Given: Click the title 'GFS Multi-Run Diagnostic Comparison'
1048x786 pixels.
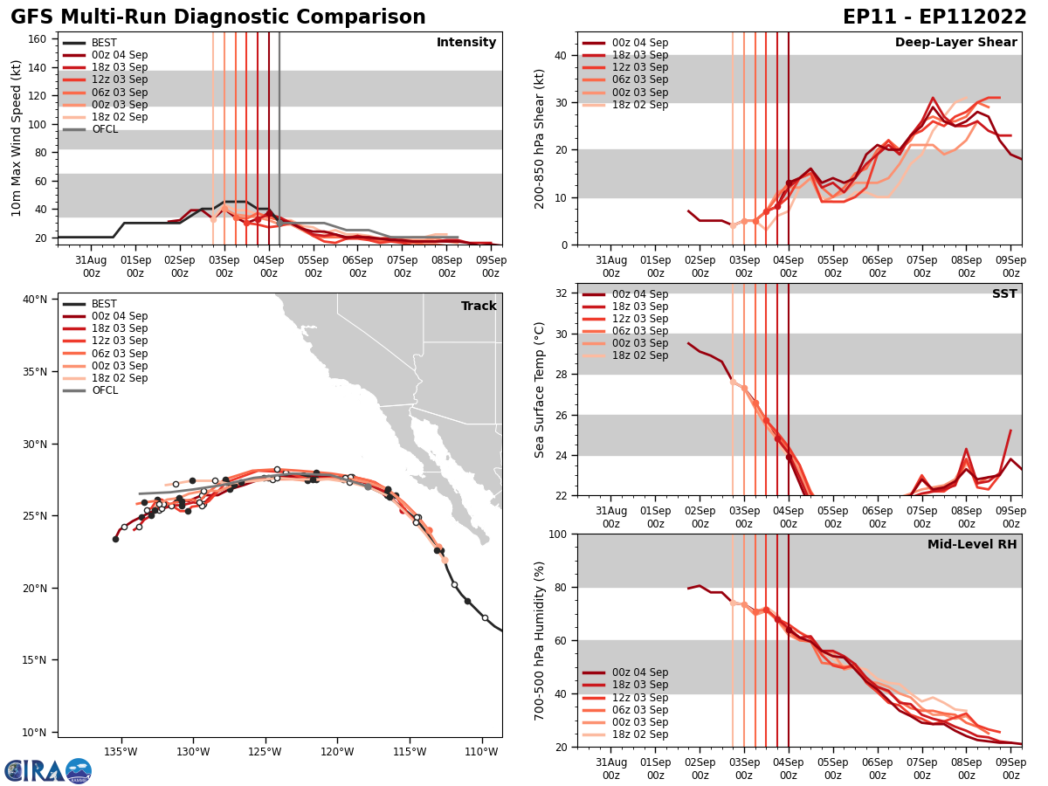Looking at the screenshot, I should point(218,17).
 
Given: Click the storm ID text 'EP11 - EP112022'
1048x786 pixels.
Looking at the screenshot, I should point(934,17).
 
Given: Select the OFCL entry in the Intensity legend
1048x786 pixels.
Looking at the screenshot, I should point(105,129).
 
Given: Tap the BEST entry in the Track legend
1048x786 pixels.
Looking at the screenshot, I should point(104,304).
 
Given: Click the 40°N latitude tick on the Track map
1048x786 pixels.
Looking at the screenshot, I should point(35,300).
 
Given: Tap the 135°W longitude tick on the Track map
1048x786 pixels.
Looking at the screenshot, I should point(121,751).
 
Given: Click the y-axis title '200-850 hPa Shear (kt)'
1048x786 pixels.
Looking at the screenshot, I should point(540,138).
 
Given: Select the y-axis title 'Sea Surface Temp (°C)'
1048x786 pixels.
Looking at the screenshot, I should point(540,390).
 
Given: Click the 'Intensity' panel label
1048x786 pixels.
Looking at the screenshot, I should point(466,43).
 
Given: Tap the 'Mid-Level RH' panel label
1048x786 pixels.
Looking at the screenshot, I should point(972,545).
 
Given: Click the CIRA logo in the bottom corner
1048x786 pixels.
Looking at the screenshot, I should point(48,770).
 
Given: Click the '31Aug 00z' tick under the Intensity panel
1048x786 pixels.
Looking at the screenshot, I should point(91,266).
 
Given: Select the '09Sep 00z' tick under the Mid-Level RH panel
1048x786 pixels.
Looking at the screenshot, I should point(1010,769).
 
